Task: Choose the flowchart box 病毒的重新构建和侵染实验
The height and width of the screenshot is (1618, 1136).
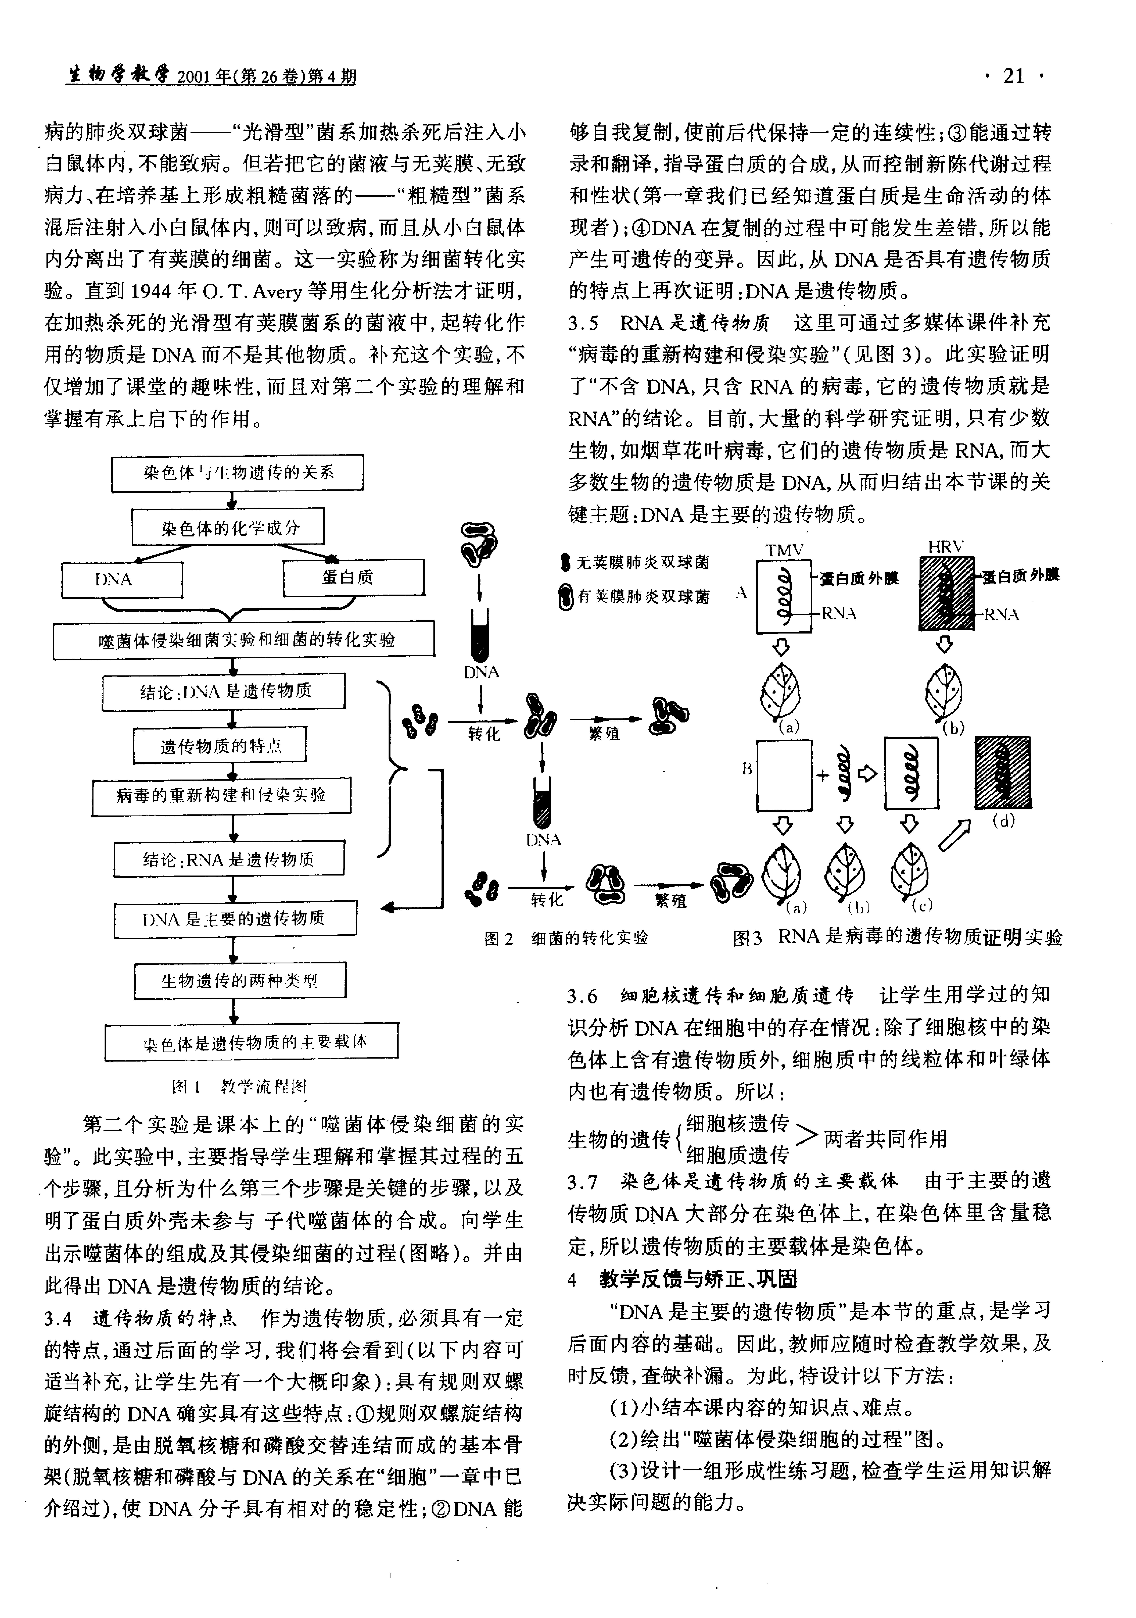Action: coord(221,796)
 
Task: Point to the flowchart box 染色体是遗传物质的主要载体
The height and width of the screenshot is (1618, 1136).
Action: coord(251,1042)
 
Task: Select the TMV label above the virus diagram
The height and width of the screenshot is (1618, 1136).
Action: coord(784,550)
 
